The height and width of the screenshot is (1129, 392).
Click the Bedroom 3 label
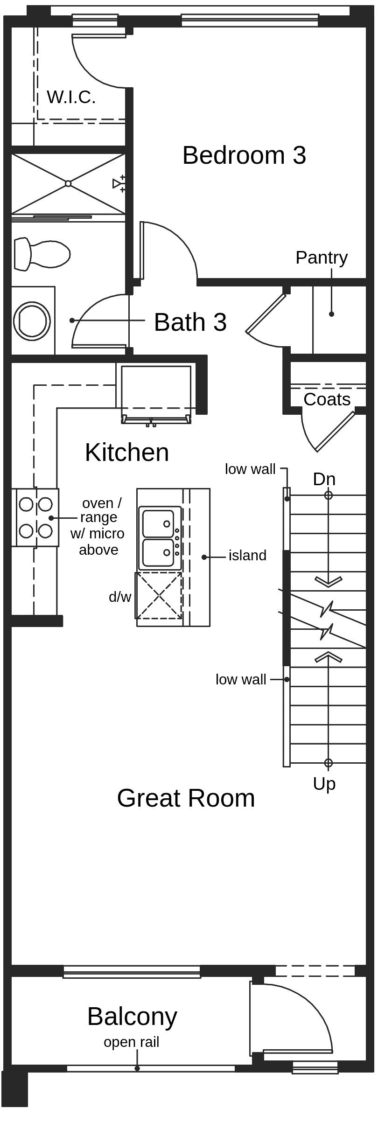point(244,155)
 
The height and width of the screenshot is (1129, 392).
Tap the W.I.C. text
point(71,97)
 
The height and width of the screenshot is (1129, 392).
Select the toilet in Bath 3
point(42,254)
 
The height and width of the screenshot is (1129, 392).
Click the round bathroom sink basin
point(32,321)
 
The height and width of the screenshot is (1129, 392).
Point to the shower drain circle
point(68,184)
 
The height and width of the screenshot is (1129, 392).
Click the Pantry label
point(322,258)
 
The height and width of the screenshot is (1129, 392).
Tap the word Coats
point(327,399)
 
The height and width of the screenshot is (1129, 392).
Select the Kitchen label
point(127,452)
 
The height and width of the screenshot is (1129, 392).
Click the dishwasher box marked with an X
point(159,596)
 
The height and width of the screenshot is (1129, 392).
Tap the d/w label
point(120,597)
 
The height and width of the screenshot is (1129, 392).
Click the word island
point(247,555)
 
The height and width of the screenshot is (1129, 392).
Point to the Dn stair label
point(324,479)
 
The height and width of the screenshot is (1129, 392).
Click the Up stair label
point(324,784)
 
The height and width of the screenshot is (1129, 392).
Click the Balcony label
point(132,1017)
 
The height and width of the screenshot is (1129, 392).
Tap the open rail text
point(132,1042)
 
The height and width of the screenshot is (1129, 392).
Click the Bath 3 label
point(190,322)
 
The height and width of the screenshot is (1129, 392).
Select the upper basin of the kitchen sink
point(159,523)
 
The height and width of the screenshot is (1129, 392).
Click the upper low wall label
point(250,469)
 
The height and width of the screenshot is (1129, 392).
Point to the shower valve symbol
point(119,183)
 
